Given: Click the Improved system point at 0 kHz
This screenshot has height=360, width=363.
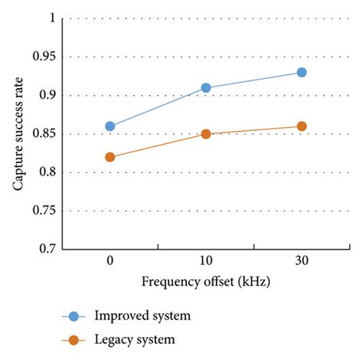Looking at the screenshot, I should tap(110, 126).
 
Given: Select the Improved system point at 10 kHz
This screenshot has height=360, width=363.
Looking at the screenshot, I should tap(206, 88).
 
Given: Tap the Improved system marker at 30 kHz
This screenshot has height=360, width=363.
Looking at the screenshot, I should tap(302, 72).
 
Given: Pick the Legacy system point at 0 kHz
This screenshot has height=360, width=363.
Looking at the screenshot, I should tap(110, 157).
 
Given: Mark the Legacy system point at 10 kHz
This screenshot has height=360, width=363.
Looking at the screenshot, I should tap(206, 134).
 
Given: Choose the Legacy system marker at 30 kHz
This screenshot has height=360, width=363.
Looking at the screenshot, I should tap(302, 126).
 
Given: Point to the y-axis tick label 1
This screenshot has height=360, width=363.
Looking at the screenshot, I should tap(51, 18).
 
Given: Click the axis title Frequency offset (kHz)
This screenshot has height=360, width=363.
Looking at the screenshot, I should tap(206, 282).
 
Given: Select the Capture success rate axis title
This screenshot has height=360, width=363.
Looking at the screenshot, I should tap(18, 133).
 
